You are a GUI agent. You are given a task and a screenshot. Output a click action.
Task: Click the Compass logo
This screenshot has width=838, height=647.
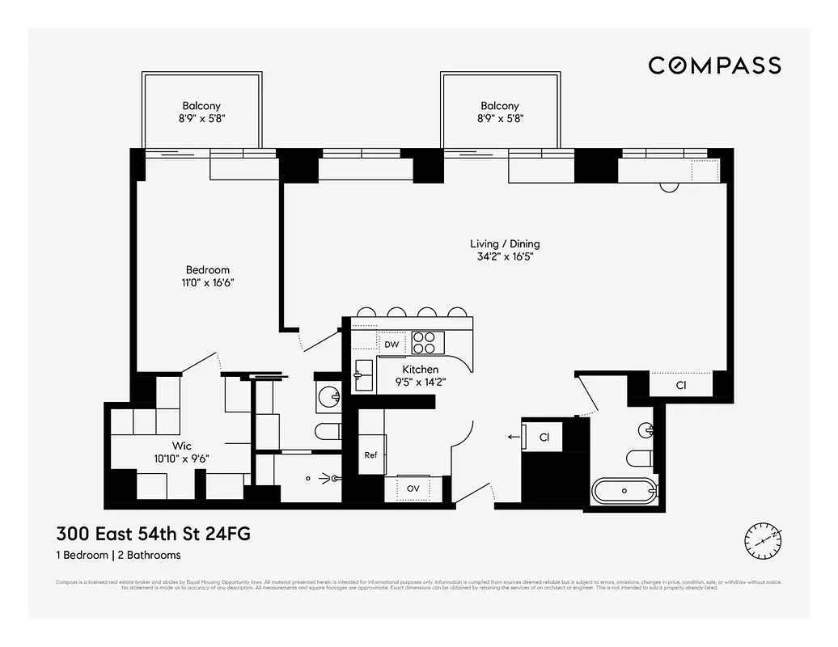pyautogui.click(x=714, y=66)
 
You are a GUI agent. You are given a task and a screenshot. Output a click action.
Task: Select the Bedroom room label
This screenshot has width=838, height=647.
pyautogui.click(x=208, y=270)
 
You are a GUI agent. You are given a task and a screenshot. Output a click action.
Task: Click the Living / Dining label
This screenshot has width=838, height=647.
pyautogui.click(x=505, y=243)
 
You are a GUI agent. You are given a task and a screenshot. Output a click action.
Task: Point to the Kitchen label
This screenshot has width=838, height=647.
pyautogui.click(x=420, y=370)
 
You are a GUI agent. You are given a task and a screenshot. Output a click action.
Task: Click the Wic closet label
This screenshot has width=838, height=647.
pyautogui.click(x=180, y=446)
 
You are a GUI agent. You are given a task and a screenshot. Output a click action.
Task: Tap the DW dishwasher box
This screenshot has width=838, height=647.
pyautogui.click(x=391, y=345)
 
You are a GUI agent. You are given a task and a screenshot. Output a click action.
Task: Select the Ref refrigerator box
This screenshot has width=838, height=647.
pyautogui.click(x=371, y=455)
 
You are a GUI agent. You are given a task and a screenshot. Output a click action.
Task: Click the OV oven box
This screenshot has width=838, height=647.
pyautogui.click(x=413, y=488)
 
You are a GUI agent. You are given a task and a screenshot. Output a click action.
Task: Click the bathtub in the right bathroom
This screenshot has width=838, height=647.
pyautogui.click(x=624, y=490)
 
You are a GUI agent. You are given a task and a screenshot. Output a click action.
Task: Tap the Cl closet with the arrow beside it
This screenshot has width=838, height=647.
pyautogui.click(x=544, y=438)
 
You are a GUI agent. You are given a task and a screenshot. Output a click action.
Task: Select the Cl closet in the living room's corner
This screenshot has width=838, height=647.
pyautogui.click(x=681, y=386)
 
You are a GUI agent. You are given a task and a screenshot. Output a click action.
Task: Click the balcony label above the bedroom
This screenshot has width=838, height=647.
pyautogui.click(x=201, y=106)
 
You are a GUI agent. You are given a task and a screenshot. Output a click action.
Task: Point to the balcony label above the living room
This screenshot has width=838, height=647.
pyautogui.click(x=499, y=106)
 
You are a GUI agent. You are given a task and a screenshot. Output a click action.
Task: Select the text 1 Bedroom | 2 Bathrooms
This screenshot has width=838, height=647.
pyautogui.click(x=118, y=556)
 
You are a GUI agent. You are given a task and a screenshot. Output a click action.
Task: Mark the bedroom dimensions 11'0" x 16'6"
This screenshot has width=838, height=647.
pyautogui.click(x=208, y=283)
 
